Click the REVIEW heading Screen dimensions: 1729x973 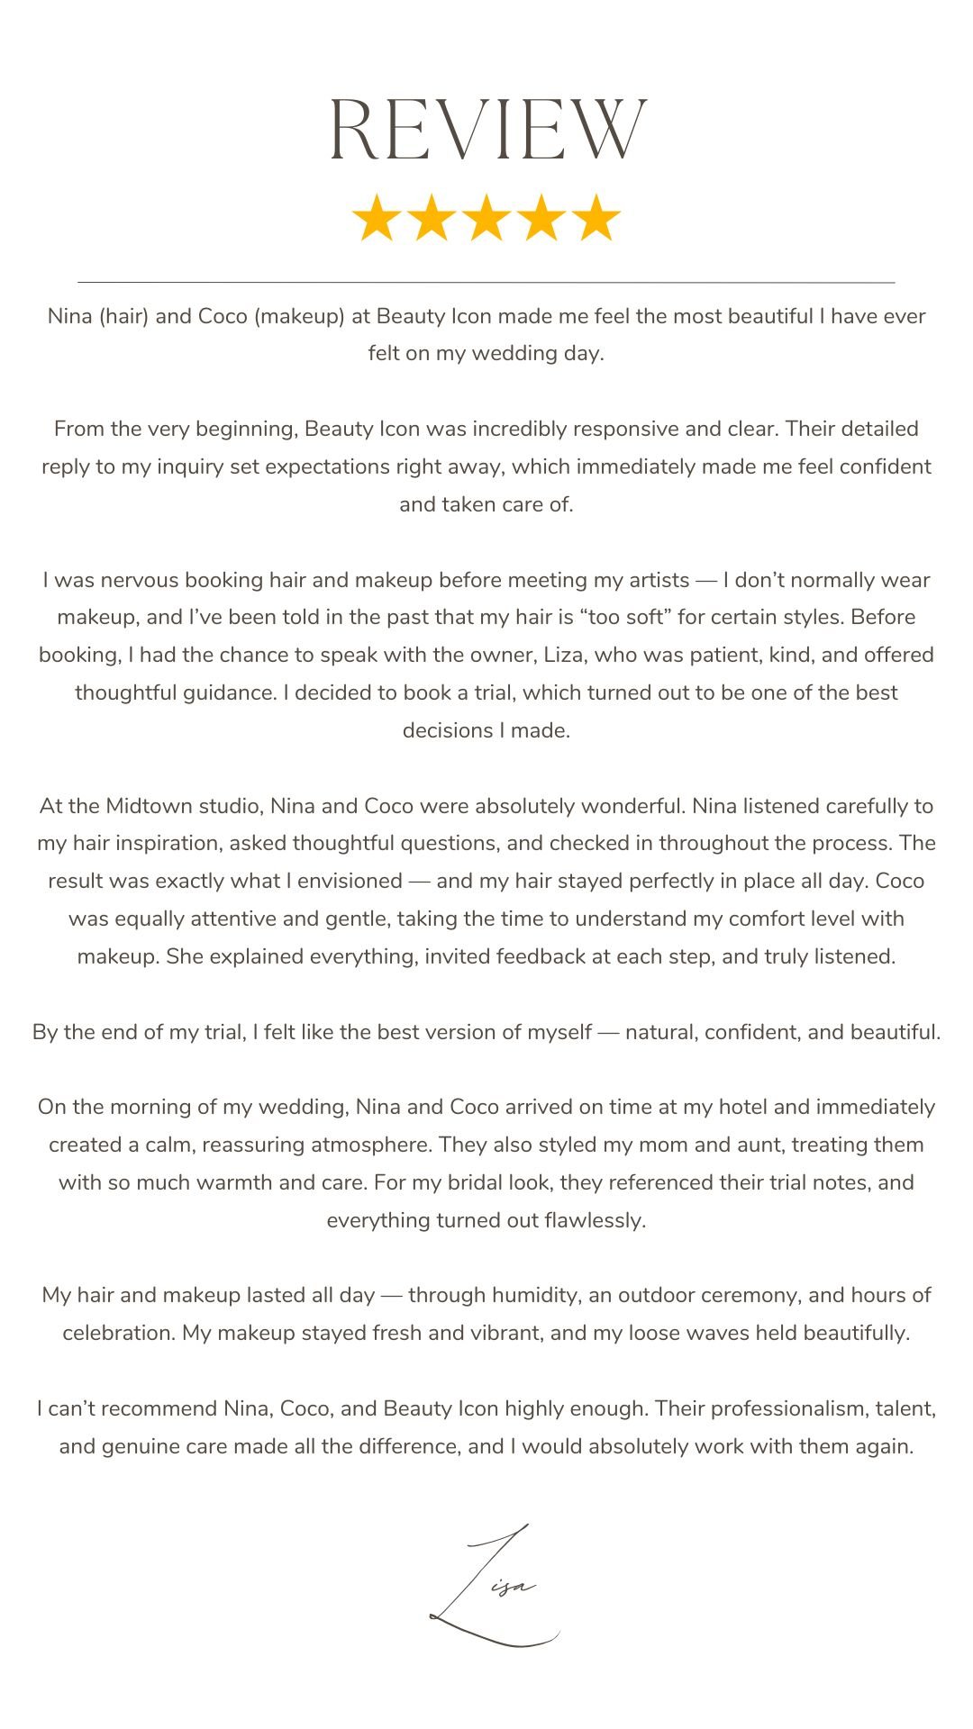(x=487, y=130)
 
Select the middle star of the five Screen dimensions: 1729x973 (x=486, y=218)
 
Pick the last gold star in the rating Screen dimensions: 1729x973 (x=596, y=218)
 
